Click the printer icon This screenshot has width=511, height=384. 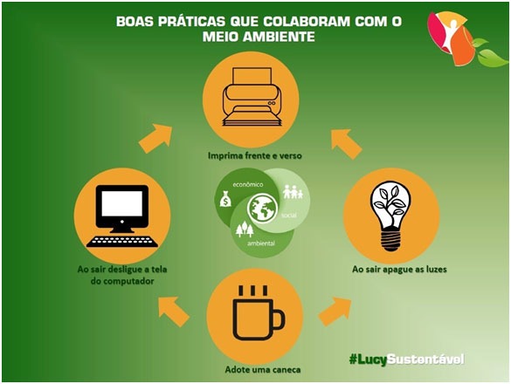coord(252,97)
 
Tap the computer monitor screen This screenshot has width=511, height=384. coord(122,203)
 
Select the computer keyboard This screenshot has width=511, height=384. coord(122,242)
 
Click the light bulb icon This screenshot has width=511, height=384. coord(390,216)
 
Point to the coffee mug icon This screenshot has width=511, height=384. coord(259,313)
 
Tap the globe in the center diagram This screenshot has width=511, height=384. coord(262,208)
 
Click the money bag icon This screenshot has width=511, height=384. coord(225,199)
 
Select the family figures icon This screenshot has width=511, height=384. coord(293,192)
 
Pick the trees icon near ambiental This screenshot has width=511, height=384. coord(245,229)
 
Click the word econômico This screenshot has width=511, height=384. coord(248,185)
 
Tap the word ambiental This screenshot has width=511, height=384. coord(260,243)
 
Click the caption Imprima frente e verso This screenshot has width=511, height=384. coord(254,155)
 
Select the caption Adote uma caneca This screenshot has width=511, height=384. coord(263,370)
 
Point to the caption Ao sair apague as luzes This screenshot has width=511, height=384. coord(399,270)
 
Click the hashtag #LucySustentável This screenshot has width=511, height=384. coord(406,360)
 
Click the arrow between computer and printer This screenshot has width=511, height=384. coord(155,138)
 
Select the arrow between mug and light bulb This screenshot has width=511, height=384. coord(335,311)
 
